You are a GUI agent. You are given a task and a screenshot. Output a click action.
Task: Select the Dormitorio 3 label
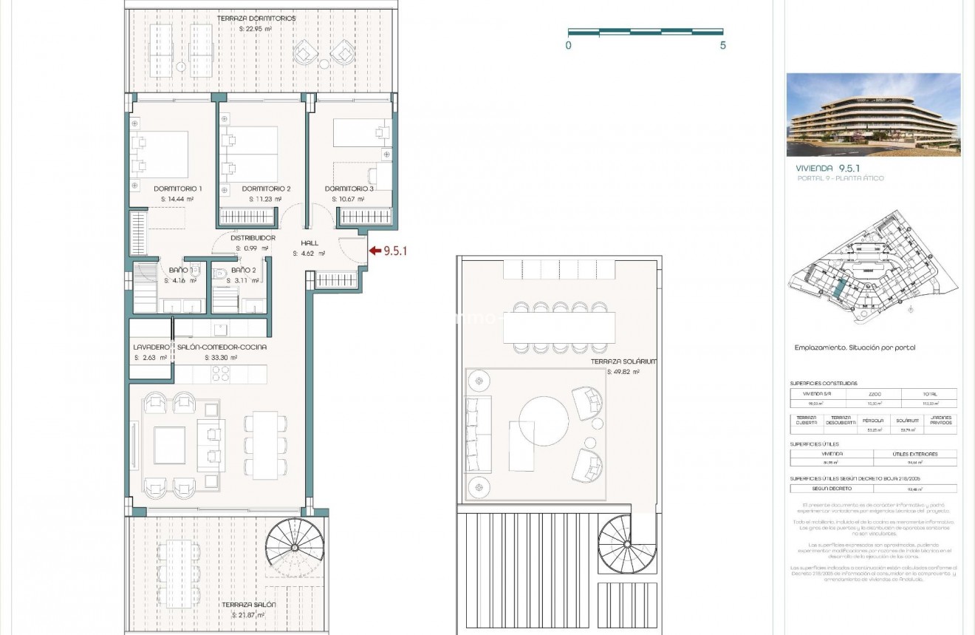point(349,189)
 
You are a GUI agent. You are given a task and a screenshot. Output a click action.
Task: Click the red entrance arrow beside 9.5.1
point(374,251)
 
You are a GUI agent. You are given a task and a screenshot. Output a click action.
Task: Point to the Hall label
point(309,242)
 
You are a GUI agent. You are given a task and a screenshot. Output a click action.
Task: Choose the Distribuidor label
point(253,238)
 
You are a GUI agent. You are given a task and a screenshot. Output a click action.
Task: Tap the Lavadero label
point(151,347)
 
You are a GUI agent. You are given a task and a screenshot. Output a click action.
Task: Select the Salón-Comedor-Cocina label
point(222,347)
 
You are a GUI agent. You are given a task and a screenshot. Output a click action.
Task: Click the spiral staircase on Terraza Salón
point(293,548)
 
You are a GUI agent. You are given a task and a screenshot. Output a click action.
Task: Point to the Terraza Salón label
point(249,605)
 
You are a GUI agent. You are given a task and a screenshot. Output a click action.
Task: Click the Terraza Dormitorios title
point(256,18)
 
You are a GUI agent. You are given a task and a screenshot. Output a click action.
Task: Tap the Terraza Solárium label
point(623,362)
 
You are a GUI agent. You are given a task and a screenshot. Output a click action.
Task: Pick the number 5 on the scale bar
point(722,45)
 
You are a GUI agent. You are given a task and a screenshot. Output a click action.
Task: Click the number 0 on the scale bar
point(568,45)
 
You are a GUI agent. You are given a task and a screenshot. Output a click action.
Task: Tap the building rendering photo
point(873,115)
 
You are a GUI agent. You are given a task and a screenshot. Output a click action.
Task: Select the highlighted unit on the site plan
point(838,285)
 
